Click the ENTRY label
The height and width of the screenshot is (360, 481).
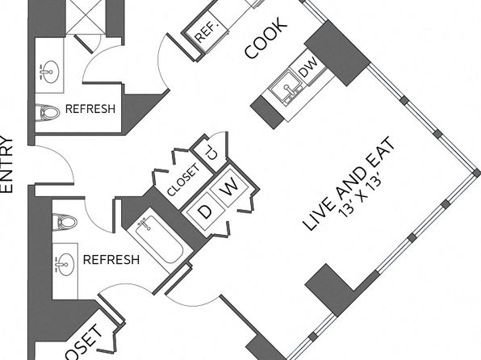click(x=7, y=165)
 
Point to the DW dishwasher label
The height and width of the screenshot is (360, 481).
click(x=308, y=67)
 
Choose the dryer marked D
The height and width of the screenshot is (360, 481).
click(x=205, y=211)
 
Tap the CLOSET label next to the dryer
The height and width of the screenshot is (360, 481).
click(x=183, y=179)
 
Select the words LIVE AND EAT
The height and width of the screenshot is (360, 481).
click(x=348, y=183)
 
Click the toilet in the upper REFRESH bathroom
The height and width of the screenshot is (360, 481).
click(x=48, y=113)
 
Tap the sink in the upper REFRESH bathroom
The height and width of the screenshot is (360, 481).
click(x=49, y=72)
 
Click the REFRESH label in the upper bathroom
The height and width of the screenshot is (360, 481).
click(x=90, y=109)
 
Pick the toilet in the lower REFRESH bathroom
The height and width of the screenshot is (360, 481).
click(x=65, y=222)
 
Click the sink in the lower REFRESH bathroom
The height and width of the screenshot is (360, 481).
click(x=65, y=265)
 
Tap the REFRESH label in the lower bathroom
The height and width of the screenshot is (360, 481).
click(x=111, y=260)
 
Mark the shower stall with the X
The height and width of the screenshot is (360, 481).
click(x=86, y=17)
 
